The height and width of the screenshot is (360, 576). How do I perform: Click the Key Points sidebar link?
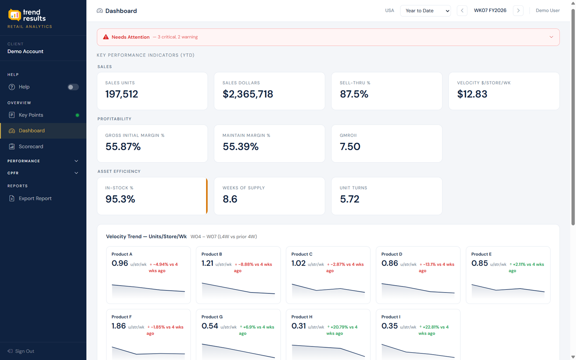pos(31,115)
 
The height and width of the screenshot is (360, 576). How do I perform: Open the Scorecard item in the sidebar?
pos(31,146)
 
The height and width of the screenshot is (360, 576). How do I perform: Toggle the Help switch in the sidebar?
pos(73,87)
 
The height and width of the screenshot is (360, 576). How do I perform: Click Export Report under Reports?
pos(35,198)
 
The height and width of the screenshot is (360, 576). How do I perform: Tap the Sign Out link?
pos(24,351)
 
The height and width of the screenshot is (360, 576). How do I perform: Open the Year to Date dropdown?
pos(425,11)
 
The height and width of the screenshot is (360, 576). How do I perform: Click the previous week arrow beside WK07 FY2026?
pos(462,11)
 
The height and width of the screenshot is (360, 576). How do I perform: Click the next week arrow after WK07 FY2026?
pos(518,11)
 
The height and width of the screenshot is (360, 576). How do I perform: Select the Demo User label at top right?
pos(547,11)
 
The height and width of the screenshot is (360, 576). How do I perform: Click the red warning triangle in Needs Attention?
pos(106,37)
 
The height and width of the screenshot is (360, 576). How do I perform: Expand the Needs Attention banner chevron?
pos(551,37)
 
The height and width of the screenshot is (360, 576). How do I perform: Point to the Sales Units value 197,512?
pos(122,94)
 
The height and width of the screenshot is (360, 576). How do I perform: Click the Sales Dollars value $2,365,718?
pos(248,94)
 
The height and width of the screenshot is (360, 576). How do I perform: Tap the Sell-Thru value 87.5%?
pos(354,94)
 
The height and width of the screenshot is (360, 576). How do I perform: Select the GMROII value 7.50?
pos(350,147)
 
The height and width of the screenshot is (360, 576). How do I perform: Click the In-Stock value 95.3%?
pos(120,199)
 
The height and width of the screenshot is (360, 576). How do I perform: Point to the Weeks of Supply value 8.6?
pos(230,199)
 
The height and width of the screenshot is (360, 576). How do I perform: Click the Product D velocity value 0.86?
pos(389,263)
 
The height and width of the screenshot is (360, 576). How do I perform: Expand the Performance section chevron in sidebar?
pos(76,161)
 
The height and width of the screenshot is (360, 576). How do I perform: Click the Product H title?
pos(302,317)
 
